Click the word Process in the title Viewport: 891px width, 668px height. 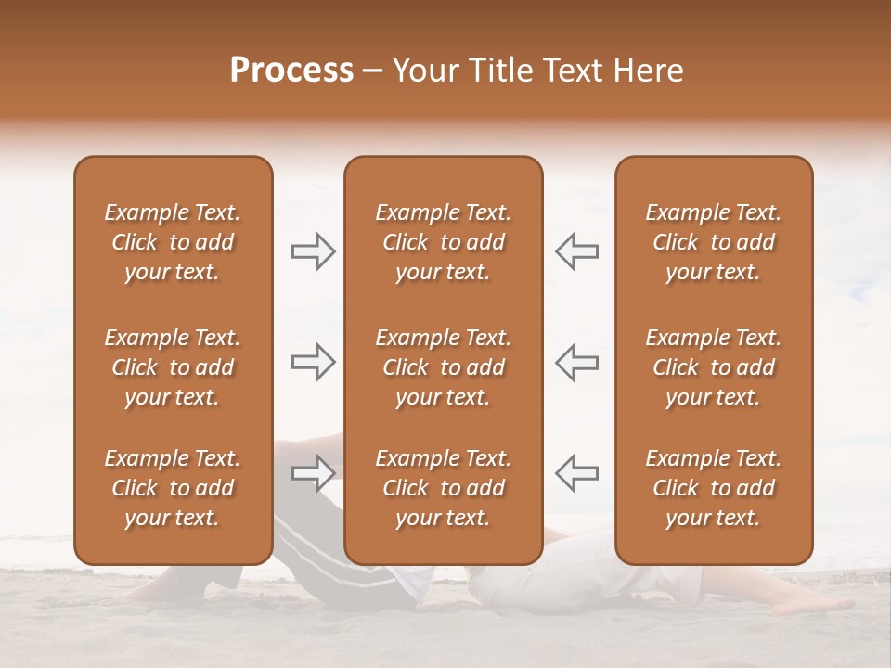(x=291, y=71)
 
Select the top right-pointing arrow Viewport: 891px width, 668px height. (x=314, y=251)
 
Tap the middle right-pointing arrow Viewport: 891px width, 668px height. (x=314, y=362)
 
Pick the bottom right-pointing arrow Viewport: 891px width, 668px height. (x=314, y=472)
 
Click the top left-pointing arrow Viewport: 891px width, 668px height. (x=576, y=251)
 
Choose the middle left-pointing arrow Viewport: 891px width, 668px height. (x=576, y=362)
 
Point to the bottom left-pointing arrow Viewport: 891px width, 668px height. (x=576, y=472)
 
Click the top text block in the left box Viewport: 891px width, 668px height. (x=173, y=242)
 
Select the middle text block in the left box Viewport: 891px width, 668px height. (x=173, y=367)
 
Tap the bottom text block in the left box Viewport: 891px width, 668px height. (x=173, y=488)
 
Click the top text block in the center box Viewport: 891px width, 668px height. (x=443, y=242)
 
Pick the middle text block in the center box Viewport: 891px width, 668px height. (x=443, y=367)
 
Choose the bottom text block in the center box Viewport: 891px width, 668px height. (x=443, y=488)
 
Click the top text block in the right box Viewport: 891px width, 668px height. (x=713, y=242)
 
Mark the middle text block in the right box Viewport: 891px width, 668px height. (x=713, y=367)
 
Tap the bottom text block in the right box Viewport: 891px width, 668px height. (x=713, y=488)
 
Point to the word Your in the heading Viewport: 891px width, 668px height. (x=423, y=71)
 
